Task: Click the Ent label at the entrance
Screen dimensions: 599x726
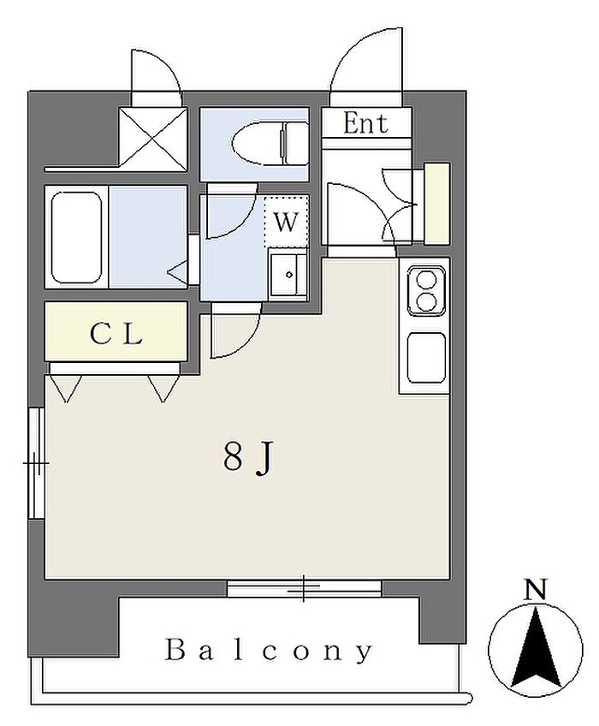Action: [x=365, y=123]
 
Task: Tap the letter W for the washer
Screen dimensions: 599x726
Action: [x=286, y=223]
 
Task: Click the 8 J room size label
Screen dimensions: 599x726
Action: [x=247, y=459]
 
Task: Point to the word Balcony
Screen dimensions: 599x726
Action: [x=269, y=651]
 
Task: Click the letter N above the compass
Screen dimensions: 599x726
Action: [x=536, y=589]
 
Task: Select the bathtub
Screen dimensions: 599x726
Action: [x=77, y=236]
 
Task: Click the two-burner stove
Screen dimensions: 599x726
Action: [x=425, y=291]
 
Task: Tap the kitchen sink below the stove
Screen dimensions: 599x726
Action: [x=425, y=359]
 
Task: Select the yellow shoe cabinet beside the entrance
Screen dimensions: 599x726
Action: [x=437, y=203]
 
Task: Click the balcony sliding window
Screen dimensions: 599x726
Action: [x=304, y=588]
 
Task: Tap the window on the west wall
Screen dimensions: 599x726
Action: [x=36, y=462]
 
